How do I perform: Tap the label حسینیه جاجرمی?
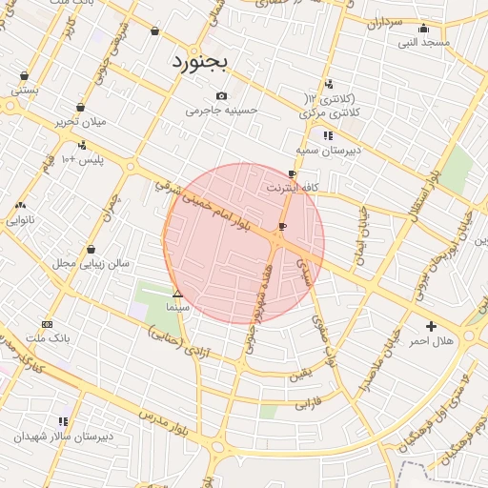point(222,111)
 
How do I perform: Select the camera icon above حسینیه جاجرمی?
point(222,95)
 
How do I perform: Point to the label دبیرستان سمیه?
point(325,151)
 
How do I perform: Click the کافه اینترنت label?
point(293,188)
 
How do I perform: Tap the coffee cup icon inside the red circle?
point(281,226)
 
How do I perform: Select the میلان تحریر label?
point(79,122)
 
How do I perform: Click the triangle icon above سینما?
point(177,294)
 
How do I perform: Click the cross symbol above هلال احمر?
point(432,326)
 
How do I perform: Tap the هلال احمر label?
point(432,340)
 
